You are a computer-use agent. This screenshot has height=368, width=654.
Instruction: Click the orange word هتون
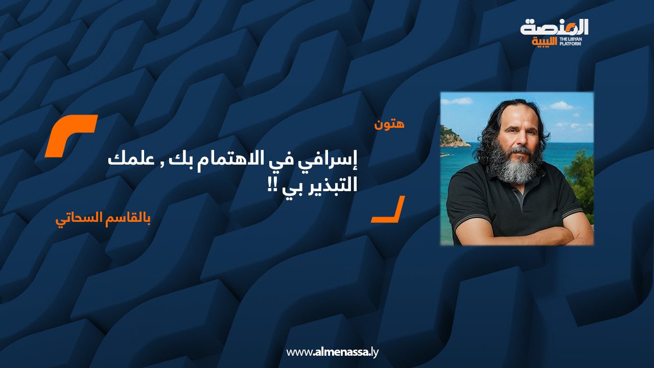390,124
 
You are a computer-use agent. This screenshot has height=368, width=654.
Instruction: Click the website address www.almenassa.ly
332,352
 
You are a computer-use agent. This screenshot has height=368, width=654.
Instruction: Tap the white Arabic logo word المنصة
554,28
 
